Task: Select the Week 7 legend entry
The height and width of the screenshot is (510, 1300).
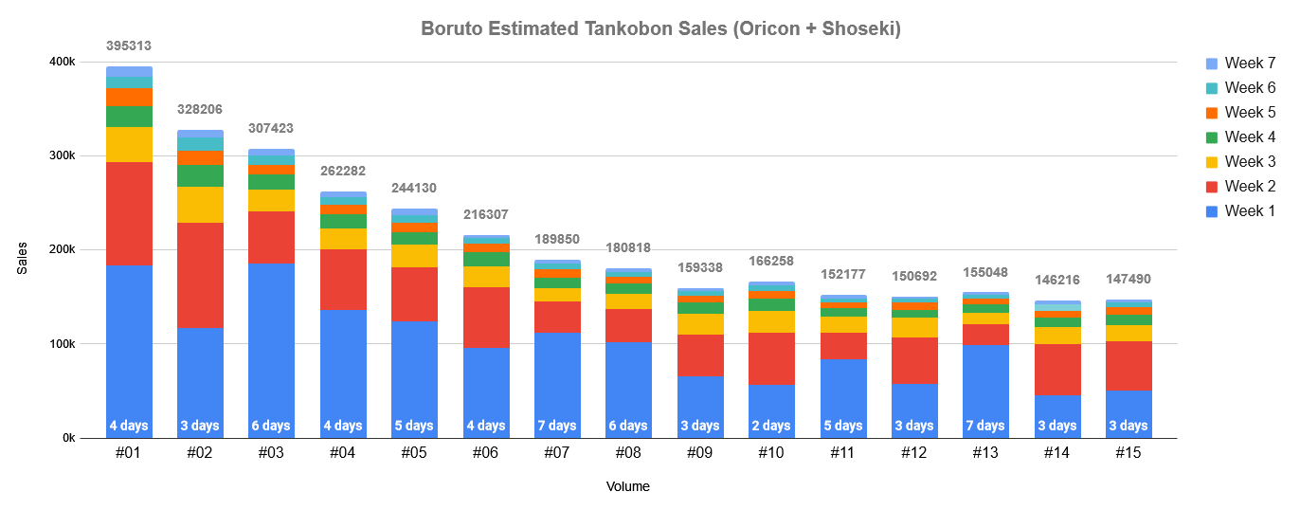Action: tap(1243, 64)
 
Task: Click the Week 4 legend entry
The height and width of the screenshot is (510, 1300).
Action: tap(1243, 137)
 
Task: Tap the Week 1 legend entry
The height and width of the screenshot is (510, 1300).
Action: tap(1243, 211)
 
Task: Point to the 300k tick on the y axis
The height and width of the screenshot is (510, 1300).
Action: tap(62, 155)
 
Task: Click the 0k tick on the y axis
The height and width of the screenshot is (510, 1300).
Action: tap(66, 438)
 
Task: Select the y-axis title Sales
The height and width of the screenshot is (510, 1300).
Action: tap(23, 258)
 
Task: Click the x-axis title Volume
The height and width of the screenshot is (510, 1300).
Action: tap(627, 486)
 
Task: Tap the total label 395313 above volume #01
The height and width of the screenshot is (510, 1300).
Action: tap(129, 46)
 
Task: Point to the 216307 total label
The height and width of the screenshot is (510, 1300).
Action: tap(485, 214)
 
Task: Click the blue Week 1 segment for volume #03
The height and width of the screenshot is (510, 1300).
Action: tap(271, 341)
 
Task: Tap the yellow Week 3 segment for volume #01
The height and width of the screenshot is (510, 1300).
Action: tap(129, 144)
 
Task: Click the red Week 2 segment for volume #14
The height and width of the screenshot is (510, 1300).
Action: tap(1056, 370)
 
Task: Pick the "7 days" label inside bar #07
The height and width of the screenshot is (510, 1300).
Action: tap(557, 426)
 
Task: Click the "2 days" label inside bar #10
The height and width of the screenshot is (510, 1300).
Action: tap(771, 426)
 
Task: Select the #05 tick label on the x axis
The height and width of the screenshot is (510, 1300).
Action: tap(414, 453)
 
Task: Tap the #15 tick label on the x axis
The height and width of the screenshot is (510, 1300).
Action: tap(1128, 453)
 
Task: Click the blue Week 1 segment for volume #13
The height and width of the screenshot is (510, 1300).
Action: tap(985, 379)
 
